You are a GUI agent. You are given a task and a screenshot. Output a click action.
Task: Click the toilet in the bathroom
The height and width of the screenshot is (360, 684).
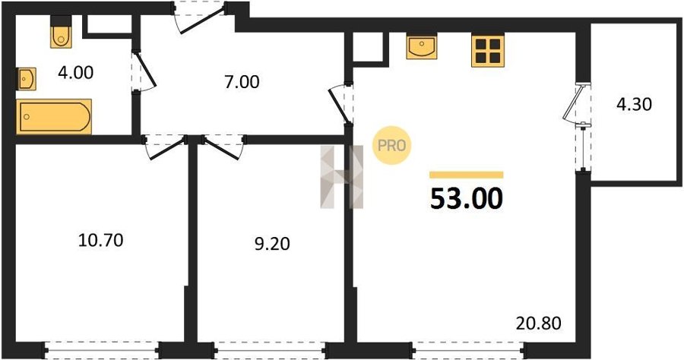[61, 32]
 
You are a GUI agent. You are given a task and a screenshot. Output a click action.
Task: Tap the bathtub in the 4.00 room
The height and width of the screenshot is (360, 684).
[54, 116]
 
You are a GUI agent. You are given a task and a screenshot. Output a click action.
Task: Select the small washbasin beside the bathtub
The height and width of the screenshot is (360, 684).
[26, 79]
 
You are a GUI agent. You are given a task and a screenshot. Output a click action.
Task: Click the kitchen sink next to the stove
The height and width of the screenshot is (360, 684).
[421, 46]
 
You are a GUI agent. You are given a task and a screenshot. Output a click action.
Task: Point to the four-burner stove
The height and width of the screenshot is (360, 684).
[488, 51]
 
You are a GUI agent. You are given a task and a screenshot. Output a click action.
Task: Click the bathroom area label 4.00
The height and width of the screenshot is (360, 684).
[75, 73]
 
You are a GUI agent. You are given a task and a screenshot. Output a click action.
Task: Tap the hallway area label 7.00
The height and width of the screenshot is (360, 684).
[242, 82]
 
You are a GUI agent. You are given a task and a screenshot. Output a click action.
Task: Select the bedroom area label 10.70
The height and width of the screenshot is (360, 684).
[101, 240]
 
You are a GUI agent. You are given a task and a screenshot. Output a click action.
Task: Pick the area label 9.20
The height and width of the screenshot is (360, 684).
[272, 244]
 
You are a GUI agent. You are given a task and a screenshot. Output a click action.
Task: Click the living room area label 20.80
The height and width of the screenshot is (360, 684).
[538, 324]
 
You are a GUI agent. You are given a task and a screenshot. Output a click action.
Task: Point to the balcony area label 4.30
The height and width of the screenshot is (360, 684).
[634, 104]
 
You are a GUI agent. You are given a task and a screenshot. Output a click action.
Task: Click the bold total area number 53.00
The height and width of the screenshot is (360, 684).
[467, 198]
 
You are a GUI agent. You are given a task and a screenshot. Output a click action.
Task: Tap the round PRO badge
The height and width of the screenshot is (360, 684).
[391, 145]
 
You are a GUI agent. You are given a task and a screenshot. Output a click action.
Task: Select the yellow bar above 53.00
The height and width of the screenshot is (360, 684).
[467, 175]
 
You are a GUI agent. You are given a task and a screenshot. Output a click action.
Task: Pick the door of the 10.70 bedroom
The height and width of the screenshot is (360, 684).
[165, 147]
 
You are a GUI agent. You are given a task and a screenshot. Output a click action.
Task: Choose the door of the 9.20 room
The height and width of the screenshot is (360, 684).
[223, 147]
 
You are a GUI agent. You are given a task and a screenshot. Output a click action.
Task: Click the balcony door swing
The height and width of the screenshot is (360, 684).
[573, 103]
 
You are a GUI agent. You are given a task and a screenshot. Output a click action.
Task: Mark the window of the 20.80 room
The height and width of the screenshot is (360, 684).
[467, 350]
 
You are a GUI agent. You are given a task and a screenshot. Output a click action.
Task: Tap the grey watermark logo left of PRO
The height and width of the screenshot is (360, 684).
[341, 176]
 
